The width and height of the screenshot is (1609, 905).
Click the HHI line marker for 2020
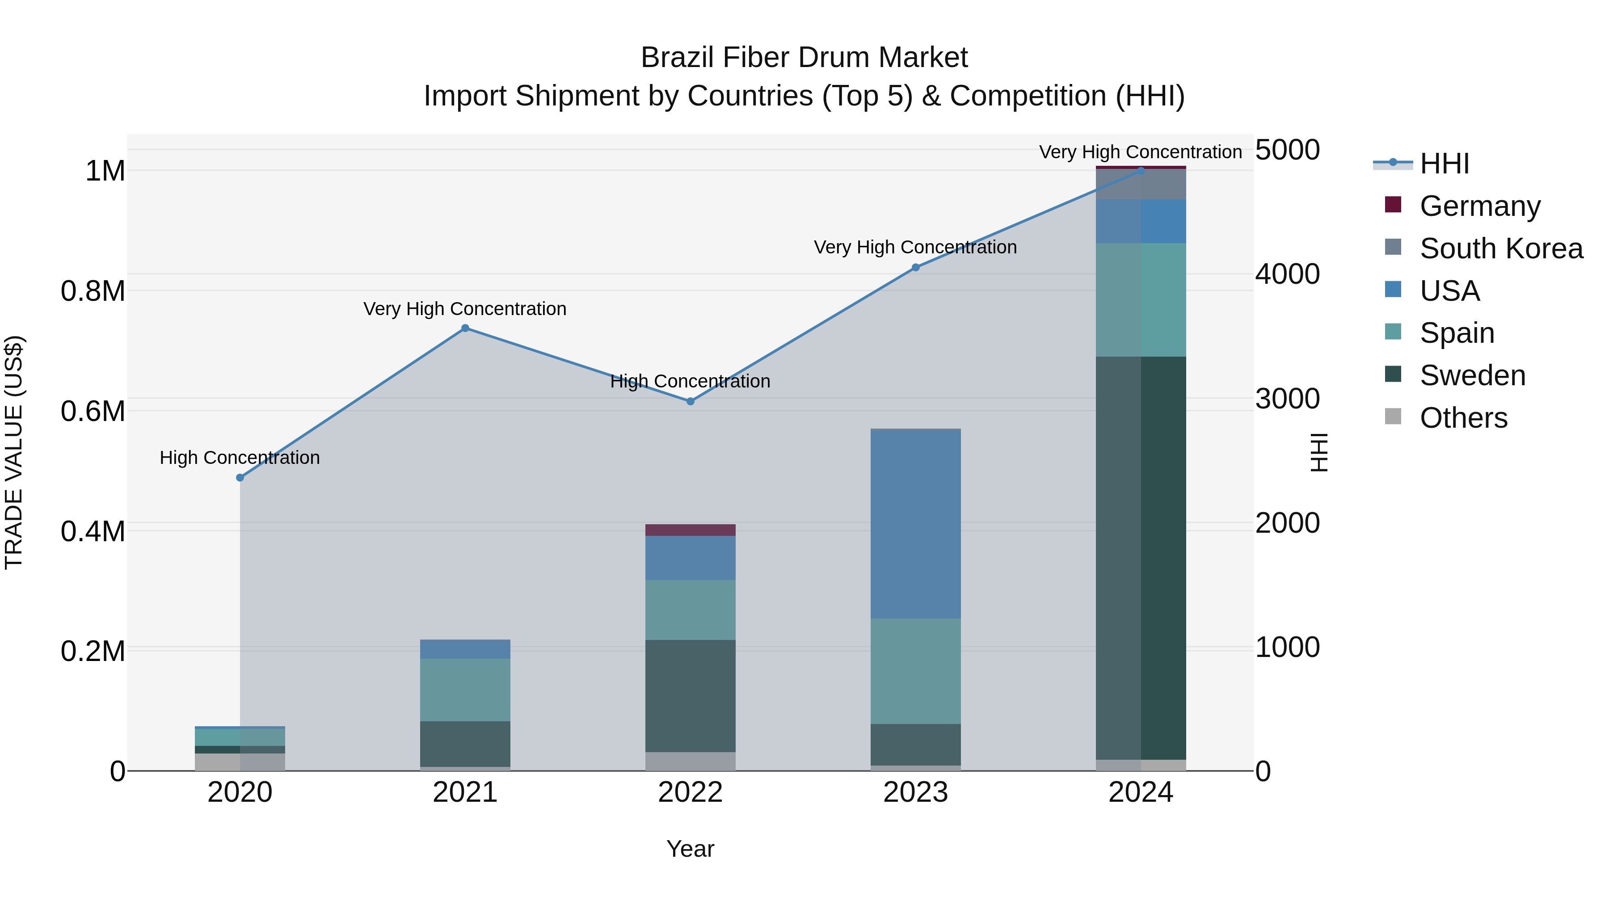240,478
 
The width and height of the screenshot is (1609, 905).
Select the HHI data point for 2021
465,328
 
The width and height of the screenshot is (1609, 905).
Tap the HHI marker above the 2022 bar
690,402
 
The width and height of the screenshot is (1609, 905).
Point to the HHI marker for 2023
916,267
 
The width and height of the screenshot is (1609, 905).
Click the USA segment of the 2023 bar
916,525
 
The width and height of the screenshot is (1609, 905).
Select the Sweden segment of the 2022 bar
690,696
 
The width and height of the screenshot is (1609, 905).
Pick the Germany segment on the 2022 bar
690,530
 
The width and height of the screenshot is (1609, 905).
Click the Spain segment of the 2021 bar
465,690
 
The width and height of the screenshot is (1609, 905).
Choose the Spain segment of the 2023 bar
916,671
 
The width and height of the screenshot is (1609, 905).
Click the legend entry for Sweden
1472,375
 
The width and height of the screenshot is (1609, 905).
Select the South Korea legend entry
1501,248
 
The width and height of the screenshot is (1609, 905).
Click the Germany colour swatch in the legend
1393,205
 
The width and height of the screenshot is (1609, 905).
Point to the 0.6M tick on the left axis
93,412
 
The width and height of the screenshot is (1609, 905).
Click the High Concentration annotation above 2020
240,458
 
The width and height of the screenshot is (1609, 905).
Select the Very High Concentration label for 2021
465,309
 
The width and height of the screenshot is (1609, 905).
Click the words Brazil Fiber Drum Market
804,58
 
